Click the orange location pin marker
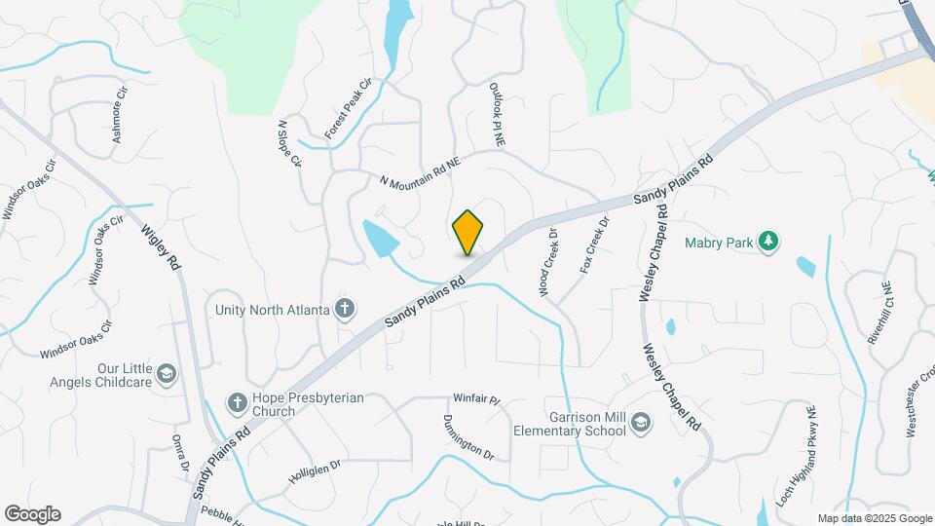(x=467, y=232)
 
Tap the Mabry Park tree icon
(x=768, y=241)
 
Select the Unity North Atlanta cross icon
(x=344, y=310)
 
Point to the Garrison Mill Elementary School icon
(x=640, y=422)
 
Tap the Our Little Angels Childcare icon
(x=167, y=375)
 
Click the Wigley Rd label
(x=162, y=249)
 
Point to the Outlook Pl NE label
(x=497, y=114)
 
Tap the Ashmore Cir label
(x=121, y=117)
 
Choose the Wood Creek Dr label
(x=545, y=262)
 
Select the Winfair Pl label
(x=476, y=399)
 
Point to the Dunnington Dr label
(x=468, y=436)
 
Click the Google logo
(x=32, y=513)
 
